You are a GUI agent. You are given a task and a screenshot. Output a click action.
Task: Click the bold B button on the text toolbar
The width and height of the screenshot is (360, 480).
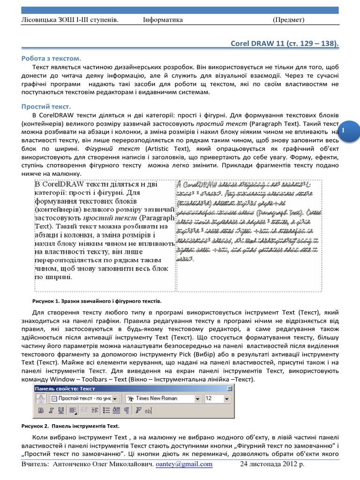(40, 411)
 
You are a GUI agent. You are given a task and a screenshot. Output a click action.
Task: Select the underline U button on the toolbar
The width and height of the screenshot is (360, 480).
(61, 411)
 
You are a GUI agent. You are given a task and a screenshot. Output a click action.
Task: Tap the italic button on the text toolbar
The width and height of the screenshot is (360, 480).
(51, 411)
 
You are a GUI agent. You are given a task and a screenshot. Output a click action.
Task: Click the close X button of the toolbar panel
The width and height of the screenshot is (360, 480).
(229, 388)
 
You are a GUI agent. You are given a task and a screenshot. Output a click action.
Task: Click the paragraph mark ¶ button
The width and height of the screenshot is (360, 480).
(126, 411)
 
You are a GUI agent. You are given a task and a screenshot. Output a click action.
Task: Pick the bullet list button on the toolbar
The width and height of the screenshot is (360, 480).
(106, 411)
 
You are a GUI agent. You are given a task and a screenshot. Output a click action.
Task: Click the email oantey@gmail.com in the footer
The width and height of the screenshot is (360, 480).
(184, 465)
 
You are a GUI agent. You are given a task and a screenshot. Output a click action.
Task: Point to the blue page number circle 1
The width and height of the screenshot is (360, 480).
(344, 128)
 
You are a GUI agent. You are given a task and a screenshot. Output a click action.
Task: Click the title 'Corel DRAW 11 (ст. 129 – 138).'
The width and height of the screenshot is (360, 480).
(285, 44)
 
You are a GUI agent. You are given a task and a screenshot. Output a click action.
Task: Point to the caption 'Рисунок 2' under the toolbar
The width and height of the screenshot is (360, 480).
(70, 426)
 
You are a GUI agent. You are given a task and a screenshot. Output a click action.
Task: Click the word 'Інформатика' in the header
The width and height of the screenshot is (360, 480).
(163, 20)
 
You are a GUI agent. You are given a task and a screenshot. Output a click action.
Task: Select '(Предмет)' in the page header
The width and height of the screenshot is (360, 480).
(289, 20)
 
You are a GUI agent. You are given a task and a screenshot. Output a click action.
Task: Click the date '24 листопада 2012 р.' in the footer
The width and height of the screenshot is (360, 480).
(272, 465)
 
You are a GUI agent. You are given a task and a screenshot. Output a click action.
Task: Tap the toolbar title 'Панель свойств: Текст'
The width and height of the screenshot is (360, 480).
(65, 388)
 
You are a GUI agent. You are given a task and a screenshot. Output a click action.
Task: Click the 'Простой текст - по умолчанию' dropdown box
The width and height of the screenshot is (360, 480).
(84, 398)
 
